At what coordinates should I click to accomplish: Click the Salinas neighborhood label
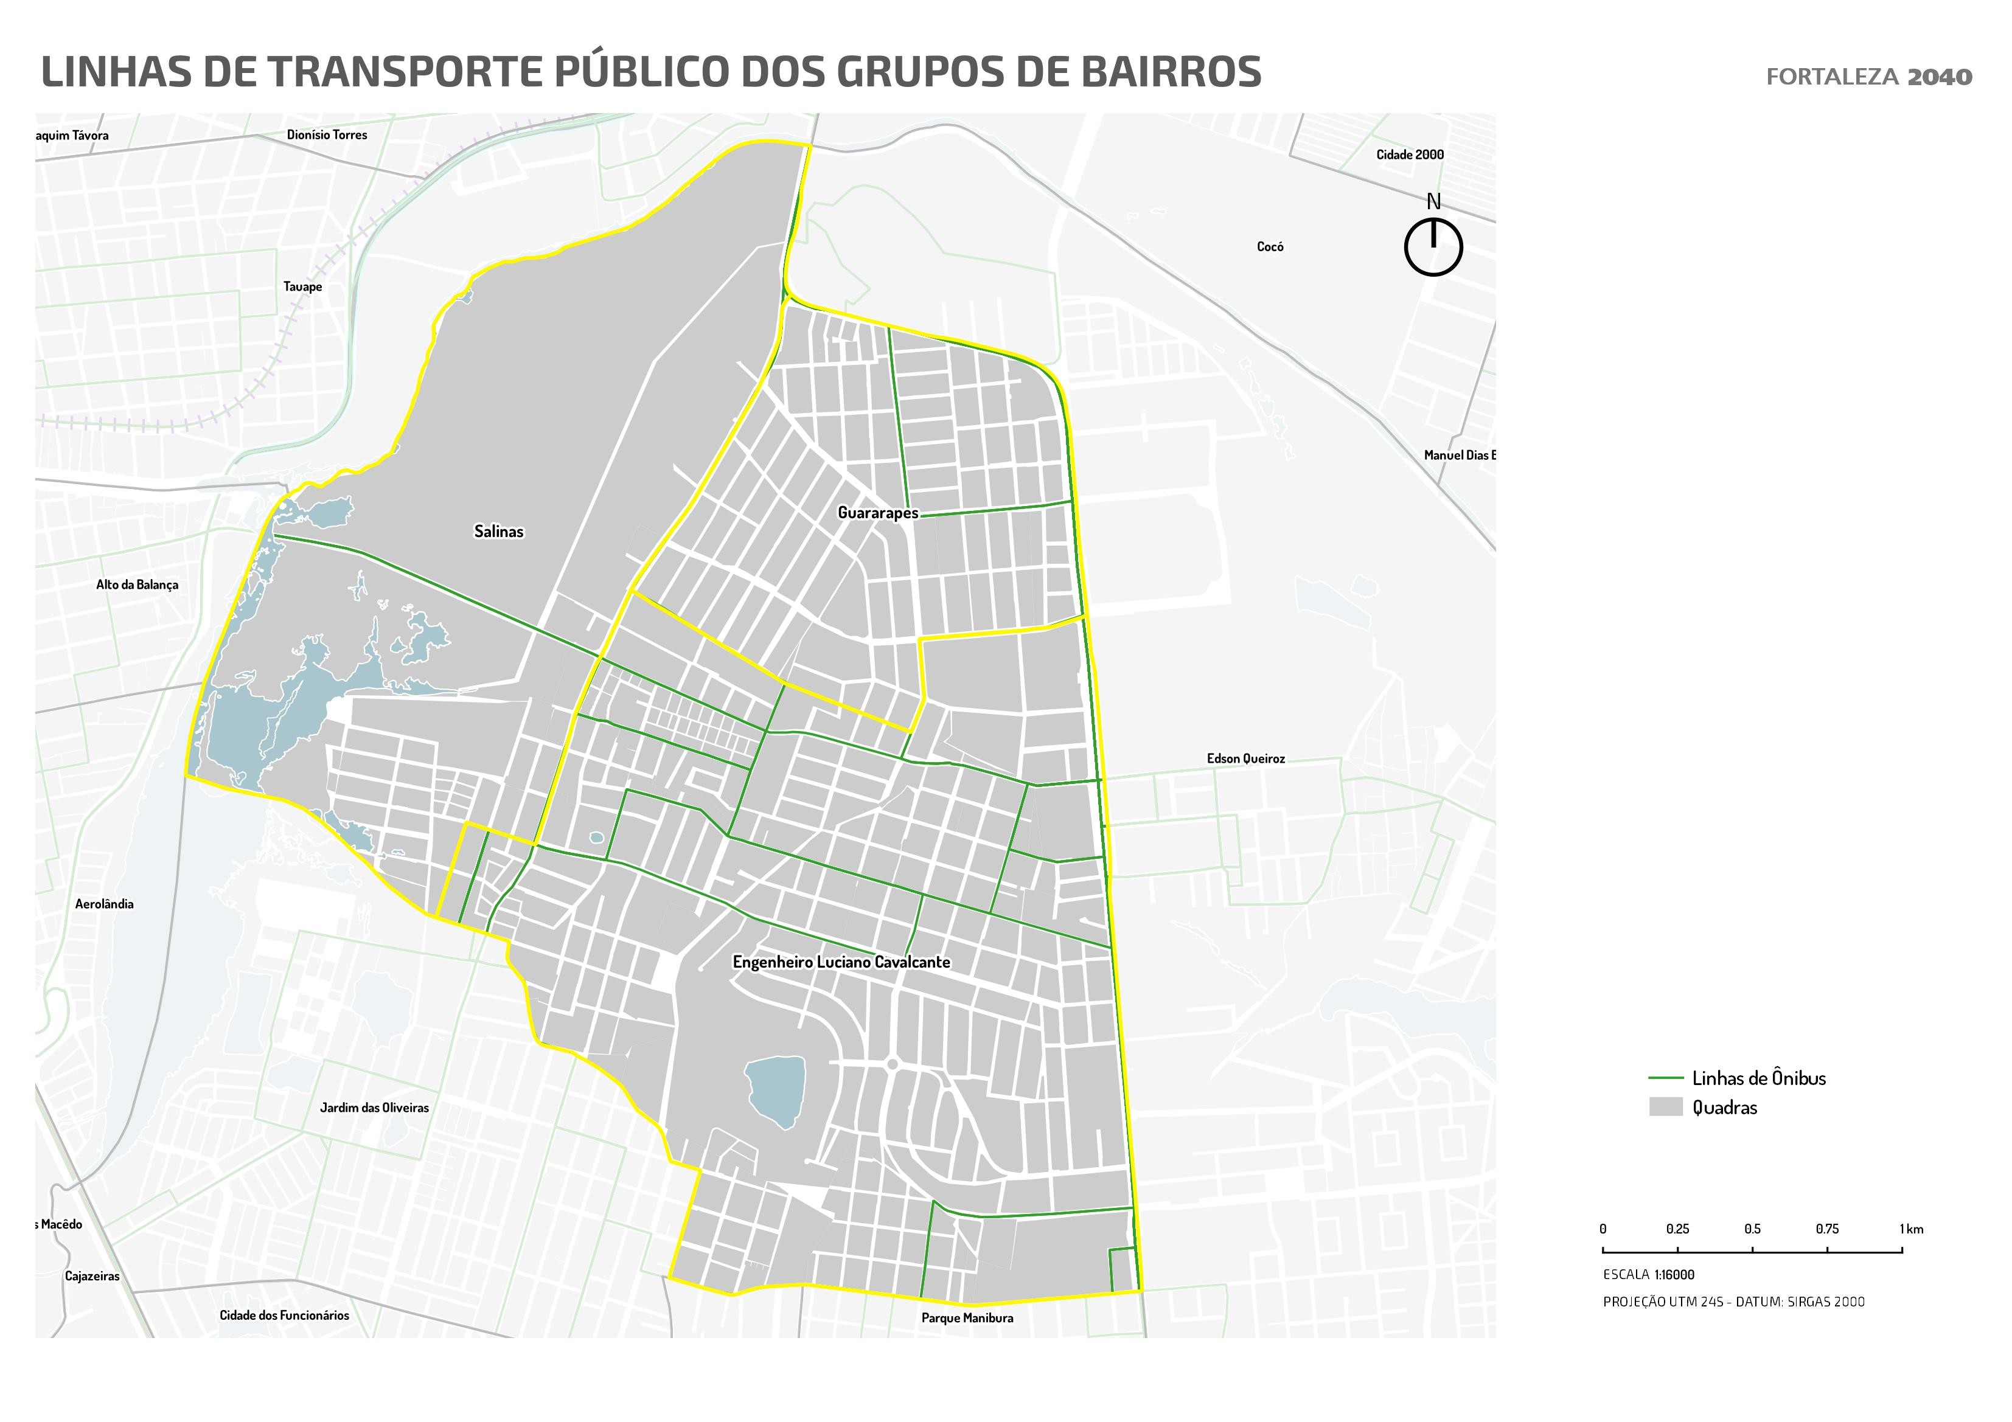point(499,531)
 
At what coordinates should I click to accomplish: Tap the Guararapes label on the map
point(877,513)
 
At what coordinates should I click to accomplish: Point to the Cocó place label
point(1270,247)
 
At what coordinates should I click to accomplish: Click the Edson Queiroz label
point(1245,759)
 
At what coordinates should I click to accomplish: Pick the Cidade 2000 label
point(1409,154)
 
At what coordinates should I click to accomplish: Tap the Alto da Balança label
point(137,584)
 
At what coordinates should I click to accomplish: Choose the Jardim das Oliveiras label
point(374,1108)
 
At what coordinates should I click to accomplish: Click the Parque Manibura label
point(967,1318)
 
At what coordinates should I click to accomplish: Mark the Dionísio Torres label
point(327,135)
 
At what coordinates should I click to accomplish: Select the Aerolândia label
point(104,903)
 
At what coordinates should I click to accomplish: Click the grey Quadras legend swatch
point(1665,1106)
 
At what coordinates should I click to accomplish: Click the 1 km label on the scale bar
point(1911,1229)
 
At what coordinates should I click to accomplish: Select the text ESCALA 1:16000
point(1648,1275)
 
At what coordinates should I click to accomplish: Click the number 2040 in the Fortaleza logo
point(1939,77)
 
